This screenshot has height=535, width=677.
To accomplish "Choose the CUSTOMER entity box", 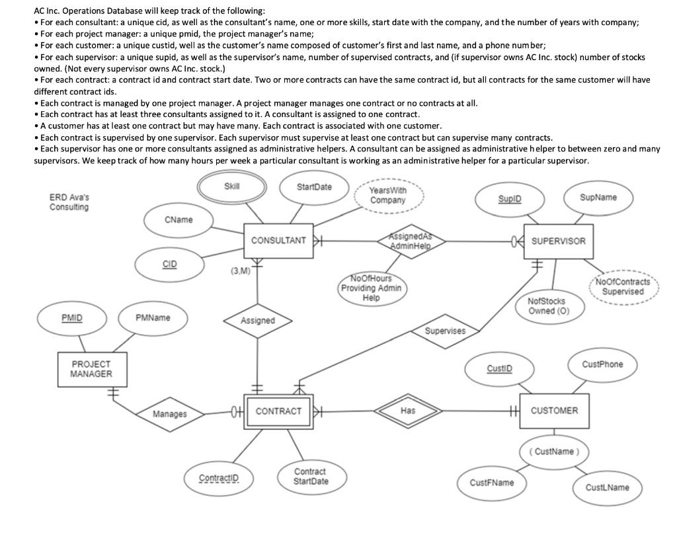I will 554,411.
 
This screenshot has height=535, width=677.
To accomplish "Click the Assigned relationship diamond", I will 257,320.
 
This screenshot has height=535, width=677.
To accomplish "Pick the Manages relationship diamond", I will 169,415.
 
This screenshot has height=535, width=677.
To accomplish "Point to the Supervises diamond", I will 444,330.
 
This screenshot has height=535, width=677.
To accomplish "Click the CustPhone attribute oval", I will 602,364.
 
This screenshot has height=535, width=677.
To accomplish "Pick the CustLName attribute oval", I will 608,487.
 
